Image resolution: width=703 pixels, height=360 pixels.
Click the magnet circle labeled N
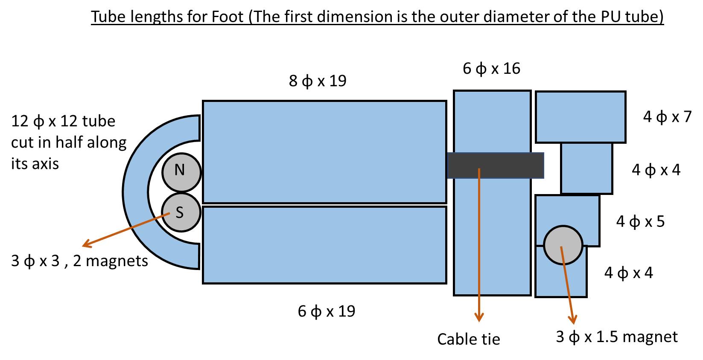pyautogui.click(x=181, y=172)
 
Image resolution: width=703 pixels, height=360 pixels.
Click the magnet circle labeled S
pyautogui.click(x=181, y=212)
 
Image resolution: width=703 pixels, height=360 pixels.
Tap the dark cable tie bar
pyautogui.click(x=495, y=165)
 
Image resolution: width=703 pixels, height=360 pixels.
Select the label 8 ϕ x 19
pyautogui.click(x=318, y=81)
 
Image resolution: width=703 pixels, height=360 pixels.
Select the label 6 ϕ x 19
pyautogui.click(x=327, y=311)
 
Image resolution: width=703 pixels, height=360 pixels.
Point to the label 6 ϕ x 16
pyautogui.click(x=491, y=68)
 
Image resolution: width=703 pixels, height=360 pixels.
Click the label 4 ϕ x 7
pyautogui.click(x=667, y=116)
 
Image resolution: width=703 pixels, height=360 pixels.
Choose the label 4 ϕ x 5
pyautogui.click(x=640, y=221)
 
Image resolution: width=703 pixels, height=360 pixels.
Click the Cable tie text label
pyautogui.click(x=468, y=339)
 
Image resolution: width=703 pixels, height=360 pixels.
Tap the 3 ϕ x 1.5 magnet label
pyautogui.click(x=616, y=337)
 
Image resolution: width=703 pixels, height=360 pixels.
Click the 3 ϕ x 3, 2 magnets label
pyautogui.click(x=79, y=261)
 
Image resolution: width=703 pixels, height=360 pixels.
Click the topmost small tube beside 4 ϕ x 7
pyautogui.click(x=580, y=116)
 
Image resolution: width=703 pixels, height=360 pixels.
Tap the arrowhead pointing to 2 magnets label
pyautogui.click(x=87, y=244)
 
